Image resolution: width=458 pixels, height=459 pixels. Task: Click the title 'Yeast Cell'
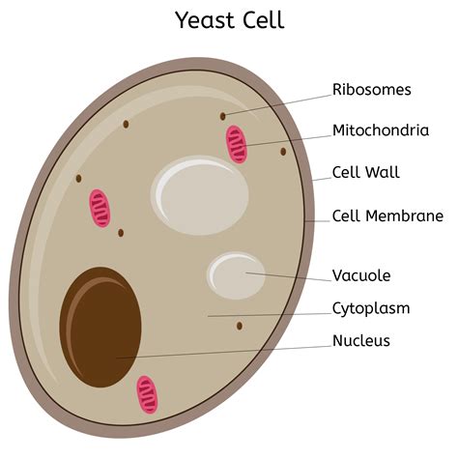[x=229, y=19]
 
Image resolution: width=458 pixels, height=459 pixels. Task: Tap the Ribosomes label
[x=371, y=90]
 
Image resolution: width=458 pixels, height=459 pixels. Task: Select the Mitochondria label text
[x=381, y=130]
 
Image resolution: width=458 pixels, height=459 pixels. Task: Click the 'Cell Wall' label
[x=365, y=173]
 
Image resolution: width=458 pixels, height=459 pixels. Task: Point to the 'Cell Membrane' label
[x=387, y=215]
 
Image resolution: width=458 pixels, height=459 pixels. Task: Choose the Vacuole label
[x=361, y=275]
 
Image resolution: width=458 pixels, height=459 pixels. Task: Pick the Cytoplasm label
[x=371, y=308]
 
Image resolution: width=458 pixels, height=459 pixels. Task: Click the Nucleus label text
[x=361, y=340]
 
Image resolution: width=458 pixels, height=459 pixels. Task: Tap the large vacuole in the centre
[x=199, y=194]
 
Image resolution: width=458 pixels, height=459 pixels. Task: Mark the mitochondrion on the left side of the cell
[x=99, y=208]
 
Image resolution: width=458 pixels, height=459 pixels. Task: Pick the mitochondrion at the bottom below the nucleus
[x=147, y=394]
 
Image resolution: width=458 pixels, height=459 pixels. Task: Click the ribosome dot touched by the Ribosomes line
[x=223, y=116]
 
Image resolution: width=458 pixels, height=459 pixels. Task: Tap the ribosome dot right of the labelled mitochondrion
[x=283, y=151]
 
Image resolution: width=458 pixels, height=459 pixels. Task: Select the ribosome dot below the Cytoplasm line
[x=239, y=326]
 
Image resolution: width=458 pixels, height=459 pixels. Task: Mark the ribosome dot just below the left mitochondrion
[x=121, y=232]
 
